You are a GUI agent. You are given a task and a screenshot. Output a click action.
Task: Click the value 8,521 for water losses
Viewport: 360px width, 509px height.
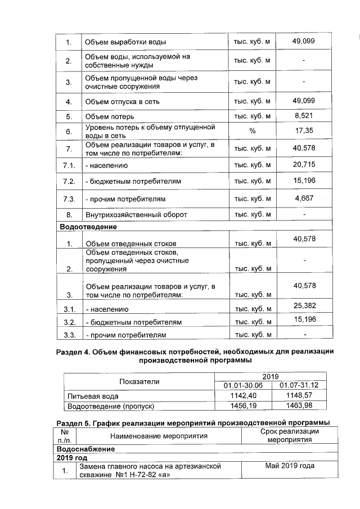(304, 116)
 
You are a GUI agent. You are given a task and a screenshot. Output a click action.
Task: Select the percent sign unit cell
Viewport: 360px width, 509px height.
(252, 131)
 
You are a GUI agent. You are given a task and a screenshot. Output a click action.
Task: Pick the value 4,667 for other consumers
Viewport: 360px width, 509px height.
(304, 198)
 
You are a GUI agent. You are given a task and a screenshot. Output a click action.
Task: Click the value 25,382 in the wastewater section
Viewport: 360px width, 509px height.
(304, 305)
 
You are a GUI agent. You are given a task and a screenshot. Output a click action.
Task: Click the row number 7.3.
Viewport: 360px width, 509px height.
(69, 199)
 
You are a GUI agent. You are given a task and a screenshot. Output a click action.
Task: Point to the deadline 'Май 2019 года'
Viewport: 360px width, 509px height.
(289, 466)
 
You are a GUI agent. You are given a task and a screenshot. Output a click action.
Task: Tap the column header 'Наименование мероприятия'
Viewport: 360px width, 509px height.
(159, 435)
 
